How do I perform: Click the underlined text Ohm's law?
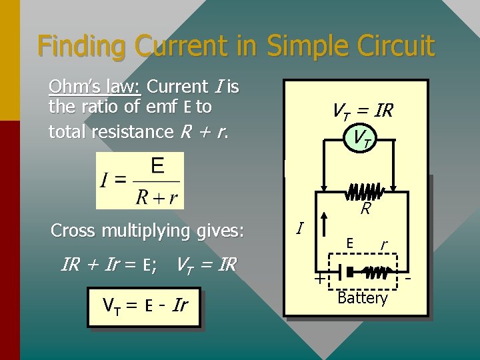click(x=95, y=87)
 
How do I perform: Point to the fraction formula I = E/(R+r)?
click(x=140, y=180)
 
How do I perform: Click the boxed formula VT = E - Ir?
click(x=144, y=307)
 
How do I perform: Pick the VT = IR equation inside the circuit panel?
click(x=362, y=111)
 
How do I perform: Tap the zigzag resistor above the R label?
click(x=364, y=192)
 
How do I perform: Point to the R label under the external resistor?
click(x=365, y=209)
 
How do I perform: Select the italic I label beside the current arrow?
click(x=300, y=229)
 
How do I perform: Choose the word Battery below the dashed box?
click(x=362, y=298)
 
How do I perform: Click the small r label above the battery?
click(x=383, y=245)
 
